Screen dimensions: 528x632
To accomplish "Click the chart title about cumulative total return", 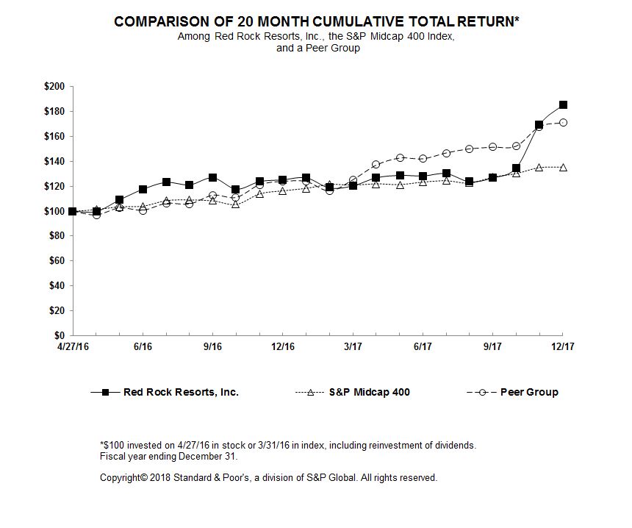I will (317, 22).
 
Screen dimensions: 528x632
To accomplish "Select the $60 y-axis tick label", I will (57, 261).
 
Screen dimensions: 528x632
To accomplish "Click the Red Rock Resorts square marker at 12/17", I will (563, 105).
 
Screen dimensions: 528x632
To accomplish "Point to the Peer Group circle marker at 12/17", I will (563, 123).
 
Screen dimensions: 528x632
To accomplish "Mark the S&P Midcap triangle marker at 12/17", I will (563, 167).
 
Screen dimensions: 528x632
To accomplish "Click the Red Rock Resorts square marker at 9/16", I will (212, 178).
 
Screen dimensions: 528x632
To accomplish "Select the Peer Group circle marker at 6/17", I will (423, 158).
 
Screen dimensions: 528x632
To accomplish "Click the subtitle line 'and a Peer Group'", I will (317, 48).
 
